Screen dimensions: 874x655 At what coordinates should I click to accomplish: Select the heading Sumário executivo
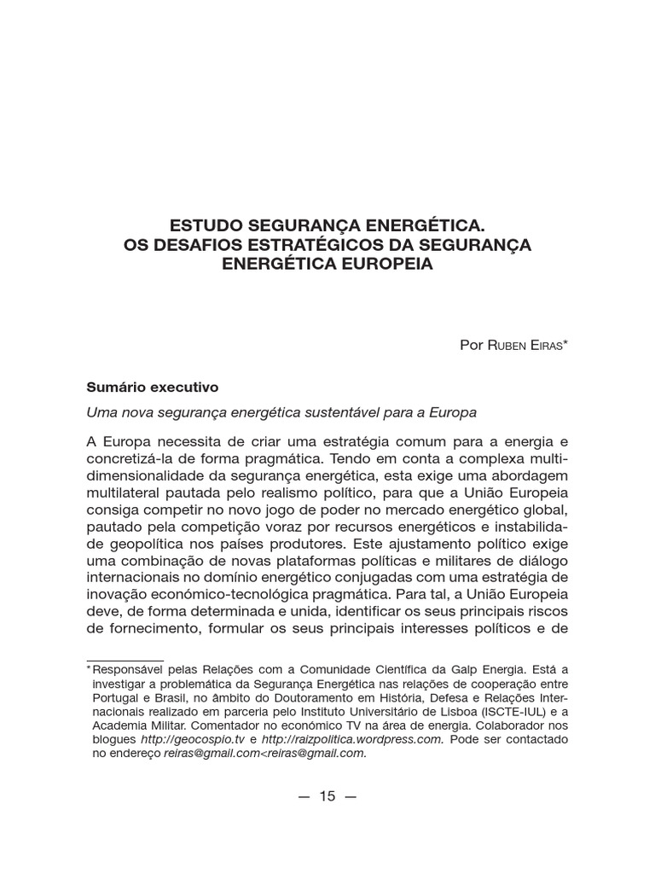tap(153, 387)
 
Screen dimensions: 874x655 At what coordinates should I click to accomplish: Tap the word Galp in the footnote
tap(461, 670)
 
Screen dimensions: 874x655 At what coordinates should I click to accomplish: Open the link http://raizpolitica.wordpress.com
tap(352, 739)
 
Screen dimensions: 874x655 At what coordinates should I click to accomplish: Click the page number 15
tap(327, 796)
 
